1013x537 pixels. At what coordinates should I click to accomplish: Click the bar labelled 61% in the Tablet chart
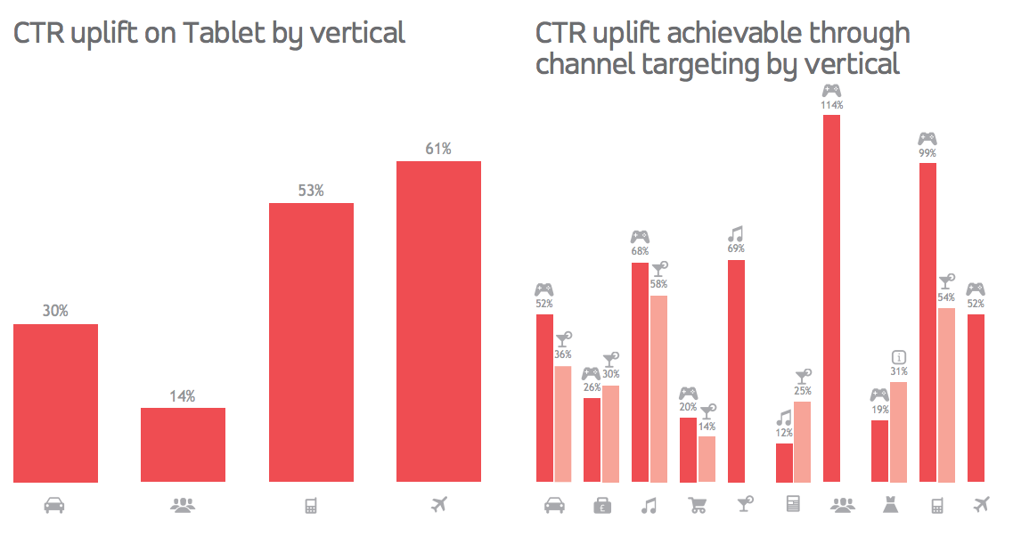438,321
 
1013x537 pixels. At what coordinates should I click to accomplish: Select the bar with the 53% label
311,342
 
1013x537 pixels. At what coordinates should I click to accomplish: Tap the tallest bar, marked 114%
831,298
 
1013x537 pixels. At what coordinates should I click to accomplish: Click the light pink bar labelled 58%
658,388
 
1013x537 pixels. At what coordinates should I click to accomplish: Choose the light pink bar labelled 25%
802,441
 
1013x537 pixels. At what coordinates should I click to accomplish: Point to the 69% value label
736,249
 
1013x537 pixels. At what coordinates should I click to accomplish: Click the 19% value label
879,410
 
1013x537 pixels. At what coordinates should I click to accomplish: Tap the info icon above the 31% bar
898,357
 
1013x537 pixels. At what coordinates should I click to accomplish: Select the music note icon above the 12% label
784,418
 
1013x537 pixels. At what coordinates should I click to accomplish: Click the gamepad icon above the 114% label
831,90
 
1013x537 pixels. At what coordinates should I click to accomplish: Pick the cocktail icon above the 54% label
947,282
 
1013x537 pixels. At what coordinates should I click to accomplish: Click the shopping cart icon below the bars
698,506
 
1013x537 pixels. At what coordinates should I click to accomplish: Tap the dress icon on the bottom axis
889,506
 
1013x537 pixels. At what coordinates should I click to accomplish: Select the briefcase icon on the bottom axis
601,506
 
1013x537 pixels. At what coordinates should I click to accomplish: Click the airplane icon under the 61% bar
438,506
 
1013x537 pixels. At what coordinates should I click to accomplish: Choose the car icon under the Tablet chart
54,506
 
